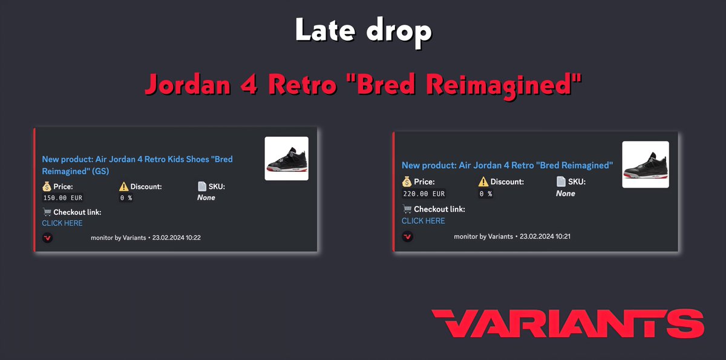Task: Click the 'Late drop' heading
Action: (363, 31)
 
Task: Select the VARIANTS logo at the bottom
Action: (567, 323)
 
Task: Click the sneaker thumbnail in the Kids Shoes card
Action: (286, 159)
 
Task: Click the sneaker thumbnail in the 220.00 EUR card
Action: (646, 164)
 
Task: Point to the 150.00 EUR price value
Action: (64, 198)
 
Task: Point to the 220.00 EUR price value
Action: (423, 194)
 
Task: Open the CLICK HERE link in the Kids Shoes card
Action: (62, 223)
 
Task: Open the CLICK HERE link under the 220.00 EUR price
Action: (423, 221)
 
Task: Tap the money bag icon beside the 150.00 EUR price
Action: (47, 186)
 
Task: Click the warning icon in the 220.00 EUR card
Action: (483, 182)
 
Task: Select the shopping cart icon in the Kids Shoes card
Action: (47, 212)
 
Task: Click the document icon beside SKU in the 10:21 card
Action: (561, 182)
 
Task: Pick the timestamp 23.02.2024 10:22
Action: (176, 238)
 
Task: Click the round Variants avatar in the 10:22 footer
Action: (47, 238)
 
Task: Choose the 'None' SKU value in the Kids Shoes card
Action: (206, 198)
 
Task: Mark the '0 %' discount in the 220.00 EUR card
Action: (485, 194)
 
